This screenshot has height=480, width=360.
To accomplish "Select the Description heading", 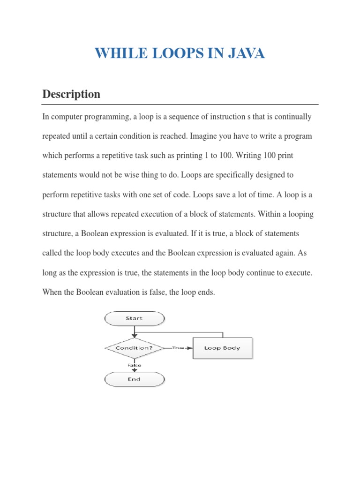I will coord(71,94).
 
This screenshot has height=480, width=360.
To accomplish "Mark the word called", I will coord(52,253).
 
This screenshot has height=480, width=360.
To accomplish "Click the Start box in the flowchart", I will coord(134,318).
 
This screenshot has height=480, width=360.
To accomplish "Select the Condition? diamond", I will coord(134,348).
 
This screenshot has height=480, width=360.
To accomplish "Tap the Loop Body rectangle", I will coord(223,348).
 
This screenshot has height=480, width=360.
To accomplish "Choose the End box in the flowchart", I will coord(134,379).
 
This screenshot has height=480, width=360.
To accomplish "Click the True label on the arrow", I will coord(178,348).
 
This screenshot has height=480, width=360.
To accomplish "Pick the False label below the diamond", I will coord(134,365).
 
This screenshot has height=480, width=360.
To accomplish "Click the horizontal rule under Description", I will coord(180,104).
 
